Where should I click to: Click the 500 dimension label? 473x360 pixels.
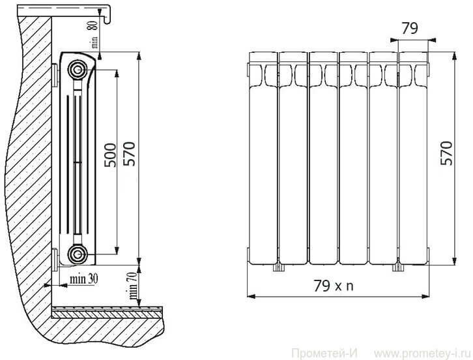[x=110, y=155]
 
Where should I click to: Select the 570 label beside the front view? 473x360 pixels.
[x=446, y=153]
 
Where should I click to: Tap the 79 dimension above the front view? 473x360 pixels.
[x=410, y=29]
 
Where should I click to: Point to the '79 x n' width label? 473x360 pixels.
[x=334, y=286]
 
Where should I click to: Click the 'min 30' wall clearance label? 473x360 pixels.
[x=84, y=278]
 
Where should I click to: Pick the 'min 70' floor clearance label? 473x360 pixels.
[x=133, y=286]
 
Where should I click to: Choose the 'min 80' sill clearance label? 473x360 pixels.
[x=94, y=33]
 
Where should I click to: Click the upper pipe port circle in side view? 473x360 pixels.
[x=78, y=70]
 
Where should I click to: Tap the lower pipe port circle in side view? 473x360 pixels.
[x=78, y=254]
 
